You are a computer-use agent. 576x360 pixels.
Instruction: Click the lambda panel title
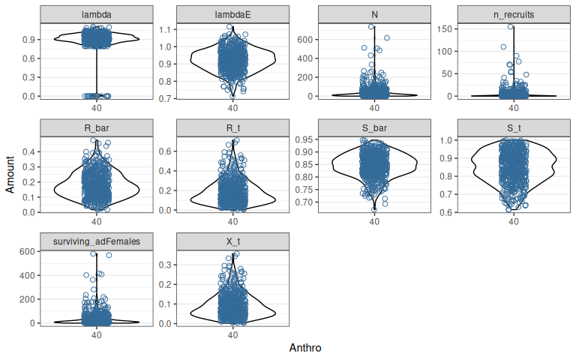[x=96, y=15]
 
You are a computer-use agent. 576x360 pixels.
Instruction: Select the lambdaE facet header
[x=232, y=15]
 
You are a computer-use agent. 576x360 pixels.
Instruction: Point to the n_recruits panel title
[x=513, y=15]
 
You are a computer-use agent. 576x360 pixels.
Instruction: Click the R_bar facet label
[x=96, y=127]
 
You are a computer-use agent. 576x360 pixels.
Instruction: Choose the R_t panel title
[x=232, y=127]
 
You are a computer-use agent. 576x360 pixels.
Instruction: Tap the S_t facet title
[x=513, y=127]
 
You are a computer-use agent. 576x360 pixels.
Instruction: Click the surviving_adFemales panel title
[x=96, y=240]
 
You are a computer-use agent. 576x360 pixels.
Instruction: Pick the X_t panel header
[x=232, y=240]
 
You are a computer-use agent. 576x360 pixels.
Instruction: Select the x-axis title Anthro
[x=304, y=348]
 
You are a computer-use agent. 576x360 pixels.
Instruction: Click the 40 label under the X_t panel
[x=232, y=335]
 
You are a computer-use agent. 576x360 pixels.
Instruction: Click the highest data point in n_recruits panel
[x=510, y=27]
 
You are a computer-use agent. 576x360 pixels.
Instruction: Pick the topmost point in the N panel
[x=371, y=27]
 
